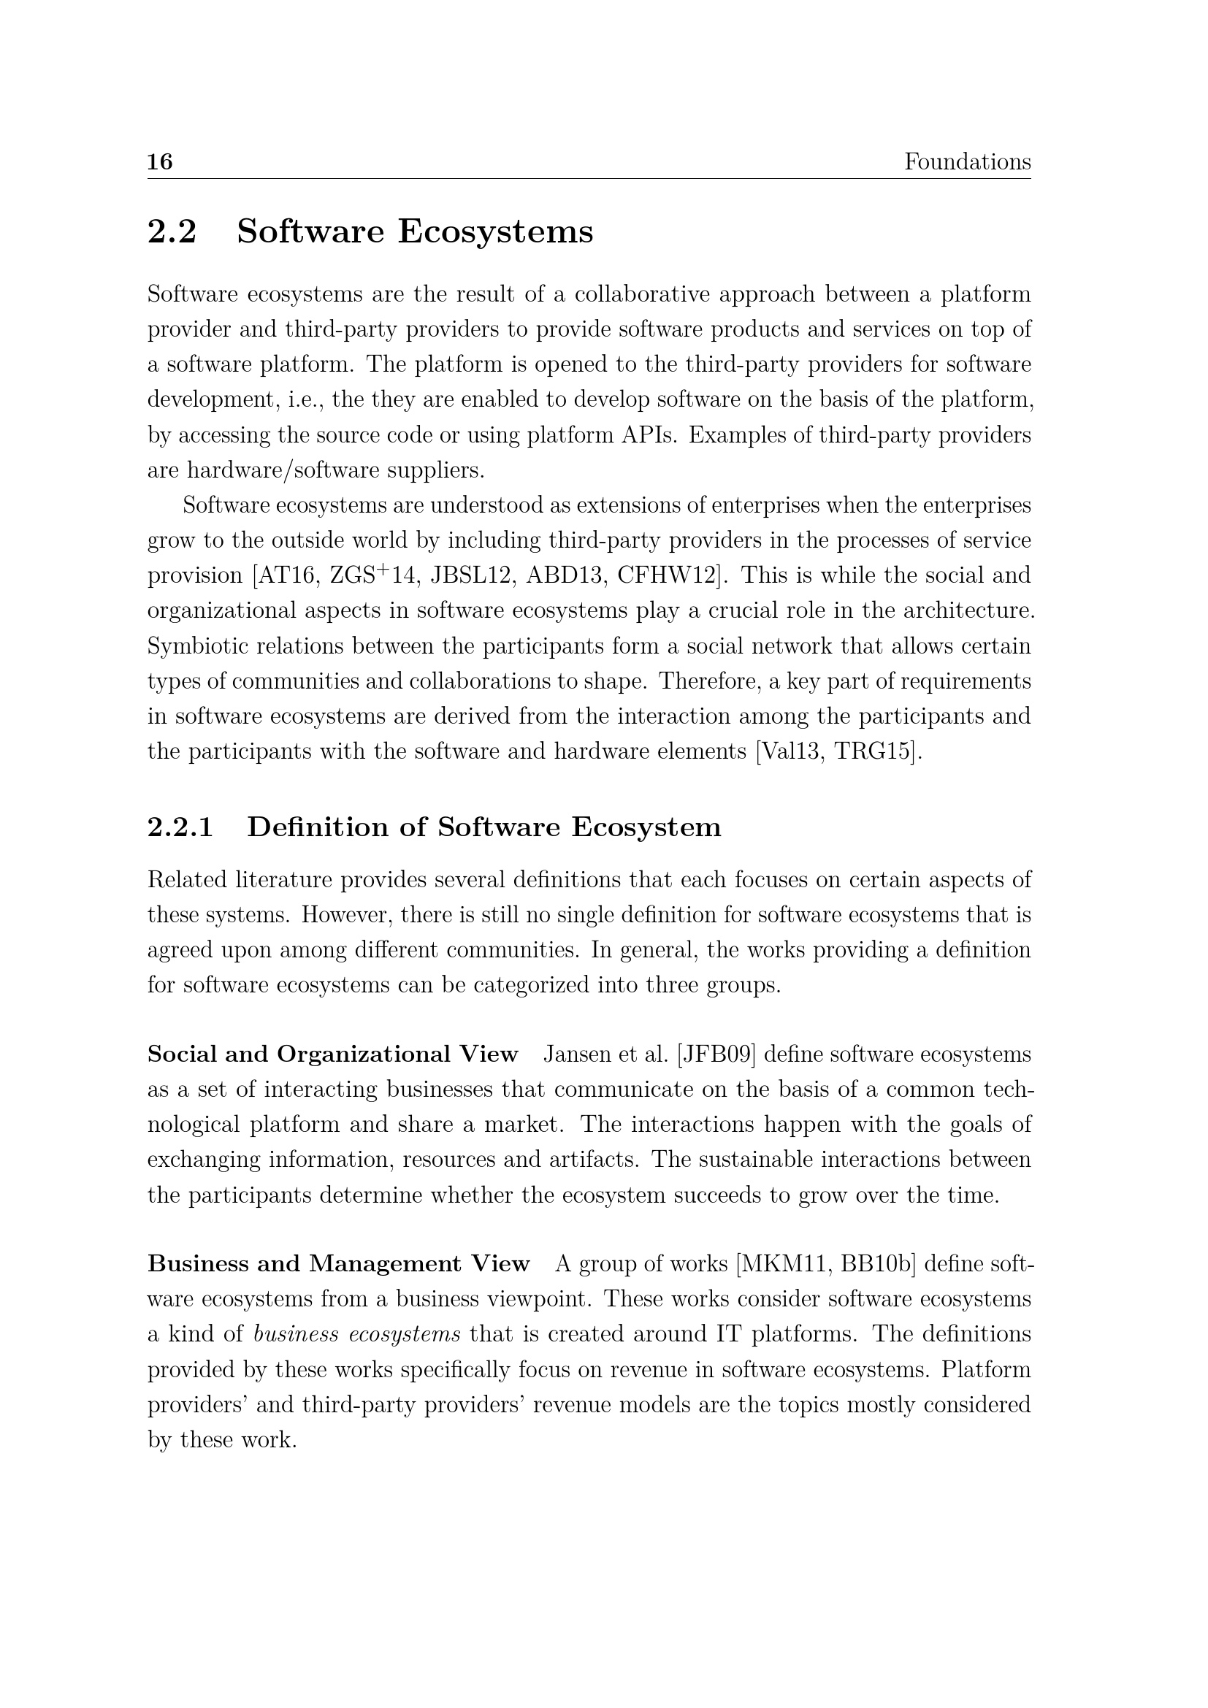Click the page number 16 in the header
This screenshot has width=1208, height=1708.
tap(160, 162)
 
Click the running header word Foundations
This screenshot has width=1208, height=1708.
tap(967, 162)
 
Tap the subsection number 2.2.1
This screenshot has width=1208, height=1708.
tap(180, 827)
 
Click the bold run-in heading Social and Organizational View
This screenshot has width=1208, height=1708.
tap(332, 1054)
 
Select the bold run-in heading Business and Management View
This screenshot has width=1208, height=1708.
tap(338, 1264)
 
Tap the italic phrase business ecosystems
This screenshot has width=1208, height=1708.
tap(357, 1335)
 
